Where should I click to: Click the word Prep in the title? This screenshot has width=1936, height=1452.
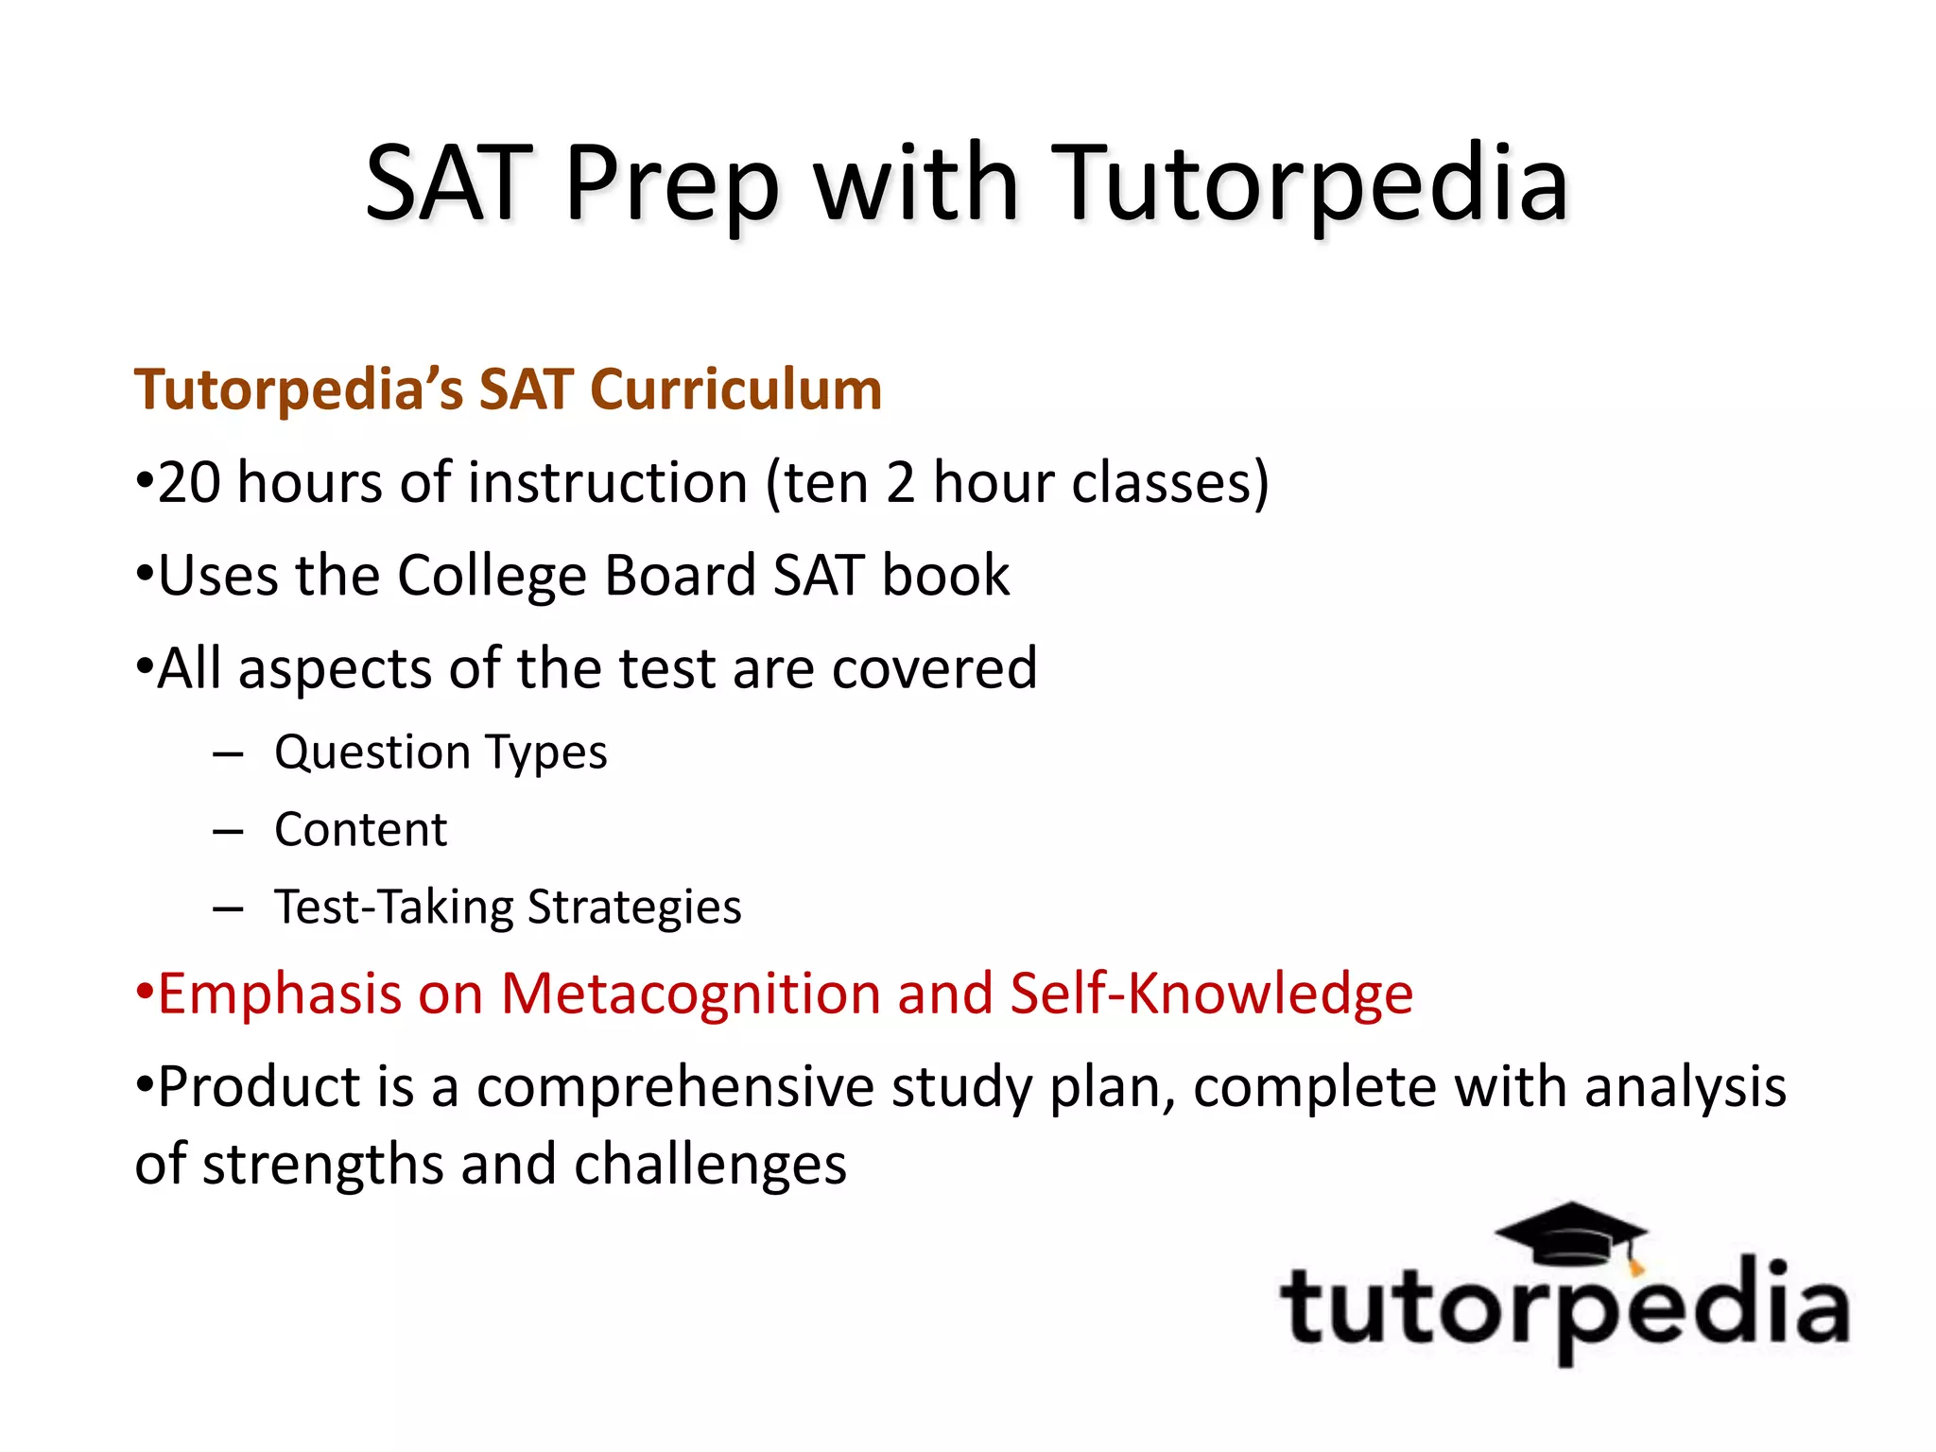tap(672, 184)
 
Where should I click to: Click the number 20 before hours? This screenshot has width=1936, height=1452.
tap(189, 483)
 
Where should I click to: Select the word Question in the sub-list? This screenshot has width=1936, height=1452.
tap(372, 753)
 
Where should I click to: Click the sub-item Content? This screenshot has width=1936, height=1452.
tap(360, 830)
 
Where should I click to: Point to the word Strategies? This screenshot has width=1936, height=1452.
tap(634, 907)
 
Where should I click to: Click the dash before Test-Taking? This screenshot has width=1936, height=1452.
tap(228, 909)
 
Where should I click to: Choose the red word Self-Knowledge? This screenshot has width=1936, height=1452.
tap(1211, 994)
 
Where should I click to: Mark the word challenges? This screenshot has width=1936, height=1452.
tap(710, 1165)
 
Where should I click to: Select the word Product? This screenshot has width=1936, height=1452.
tap(259, 1087)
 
